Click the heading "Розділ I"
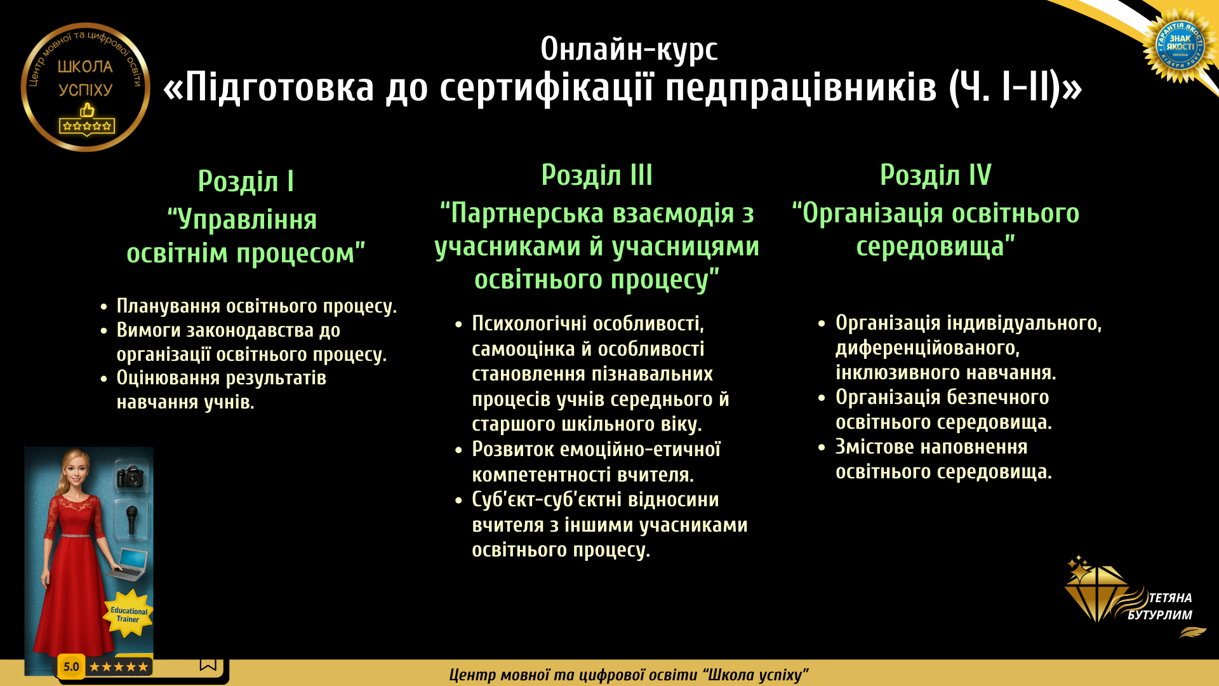click(x=246, y=181)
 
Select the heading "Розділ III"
click(x=597, y=175)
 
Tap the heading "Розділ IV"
click(x=935, y=175)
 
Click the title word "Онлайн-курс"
click(x=629, y=50)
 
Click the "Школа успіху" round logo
click(x=86, y=87)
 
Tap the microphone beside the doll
click(x=131, y=519)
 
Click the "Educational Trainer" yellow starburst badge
click(x=128, y=614)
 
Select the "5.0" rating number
click(x=71, y=667)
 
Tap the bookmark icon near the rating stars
click(x=208, y=664)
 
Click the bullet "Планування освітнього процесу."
click(x=256, y=306)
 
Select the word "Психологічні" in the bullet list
click(x=529, y=324)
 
